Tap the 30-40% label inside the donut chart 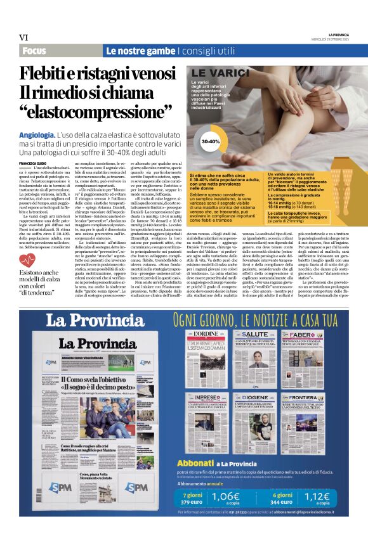point(210,141)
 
